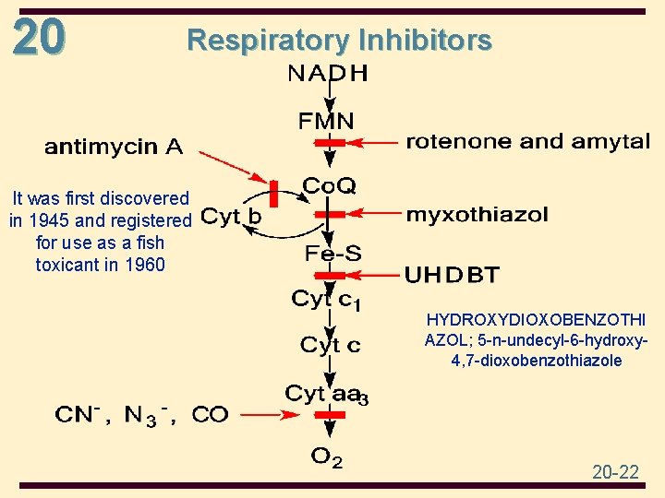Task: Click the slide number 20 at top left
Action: [x=39, y=38]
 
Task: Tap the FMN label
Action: [x=326, y=121]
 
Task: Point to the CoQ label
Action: [x=329, y=186]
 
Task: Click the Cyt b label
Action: [x=231, y=218]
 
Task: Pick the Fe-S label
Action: [x=333, y=253]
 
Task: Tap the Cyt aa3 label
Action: [x=327, y=395]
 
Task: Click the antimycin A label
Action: [x=114, y=146]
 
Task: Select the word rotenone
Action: [x=458, y=142]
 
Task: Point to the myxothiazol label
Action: [x=477, y=215]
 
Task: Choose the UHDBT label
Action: [x=453, y=274]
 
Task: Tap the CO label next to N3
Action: [x=210, y=414]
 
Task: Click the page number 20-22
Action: [x=615, y=472]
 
